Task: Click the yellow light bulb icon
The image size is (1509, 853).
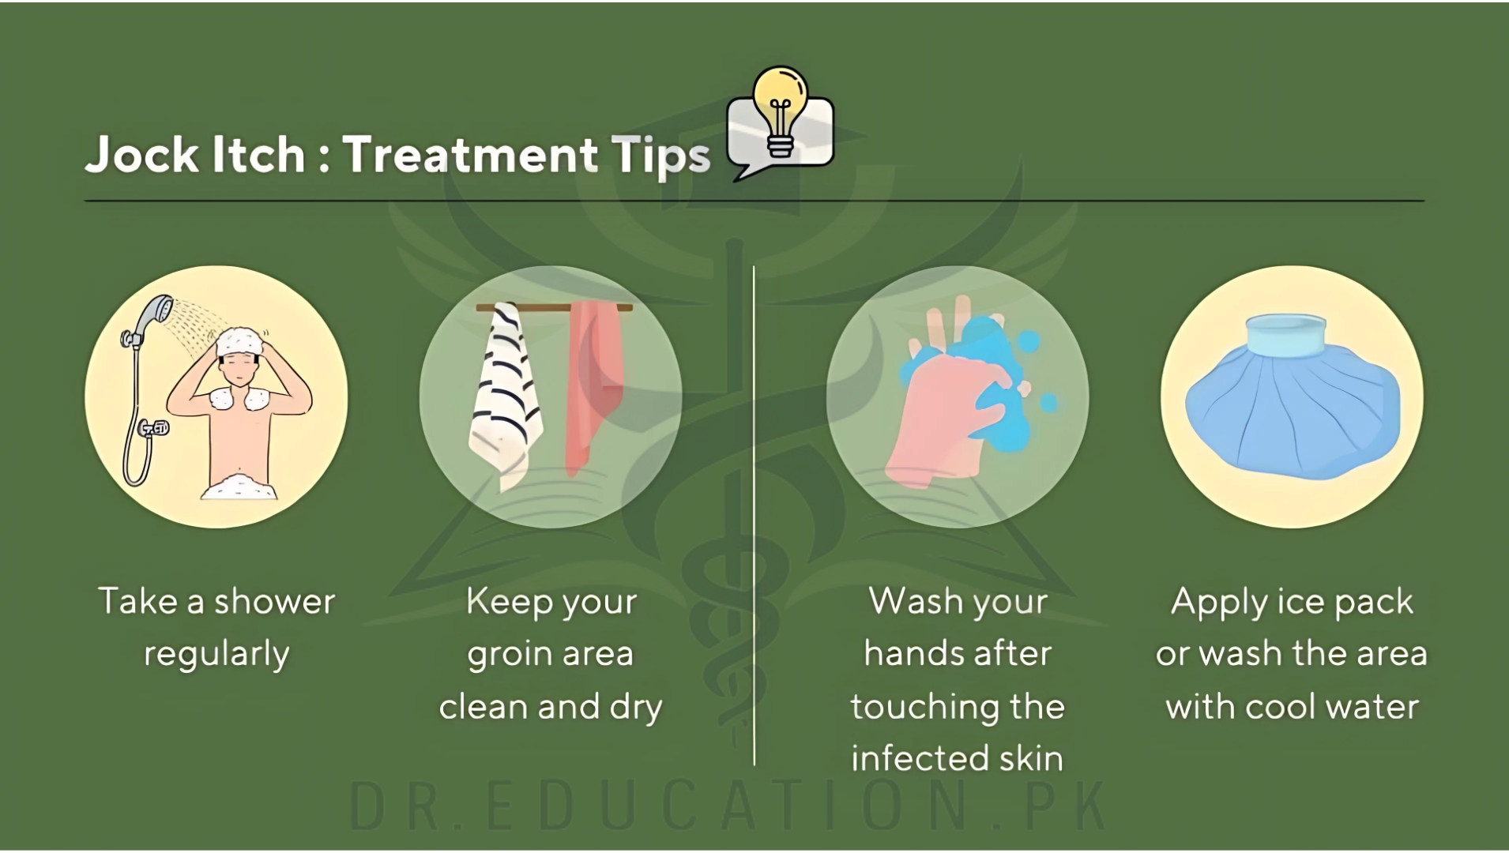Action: click(780, 111)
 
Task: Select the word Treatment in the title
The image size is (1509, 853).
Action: click(470, 154)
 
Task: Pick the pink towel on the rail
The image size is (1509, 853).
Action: click(594, 387)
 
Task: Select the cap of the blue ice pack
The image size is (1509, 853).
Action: click(1285, 336)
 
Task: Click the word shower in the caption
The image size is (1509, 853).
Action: click(274, 602)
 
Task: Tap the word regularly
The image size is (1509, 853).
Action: click(216, 655)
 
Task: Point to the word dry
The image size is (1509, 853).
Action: click(635, 707)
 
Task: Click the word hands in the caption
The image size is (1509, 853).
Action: click(913, 653)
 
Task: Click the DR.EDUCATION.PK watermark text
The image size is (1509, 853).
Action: click(728, 806)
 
